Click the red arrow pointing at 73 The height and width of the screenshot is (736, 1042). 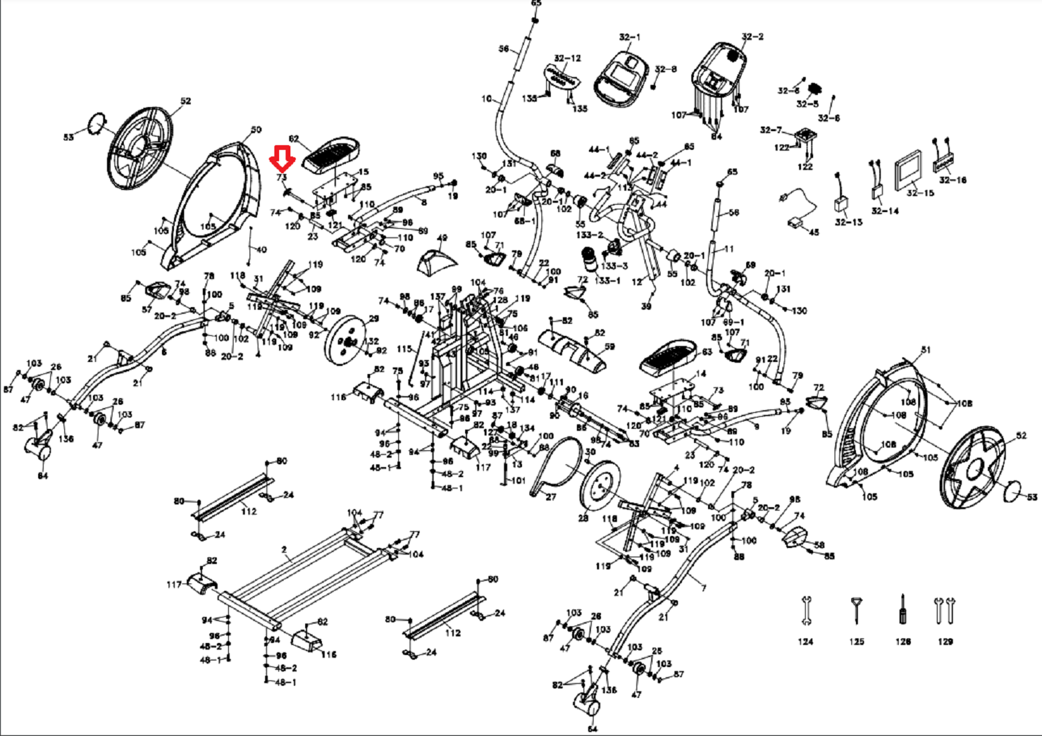coord(282,160)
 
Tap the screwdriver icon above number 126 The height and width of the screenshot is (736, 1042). coord(902,608)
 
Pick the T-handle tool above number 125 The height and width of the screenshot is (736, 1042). coord(856,610)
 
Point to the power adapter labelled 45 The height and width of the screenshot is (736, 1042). coord(796,222)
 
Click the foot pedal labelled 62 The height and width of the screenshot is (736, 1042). coord(331,155)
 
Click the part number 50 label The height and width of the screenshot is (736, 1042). coord(256,130)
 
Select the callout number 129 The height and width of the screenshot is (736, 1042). coord(945,642)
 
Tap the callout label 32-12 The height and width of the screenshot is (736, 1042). coord(568,58)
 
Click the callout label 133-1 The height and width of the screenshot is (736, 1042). coord(608,280)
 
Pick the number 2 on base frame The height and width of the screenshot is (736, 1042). coord(284,550)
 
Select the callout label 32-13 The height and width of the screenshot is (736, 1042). coord(848,222)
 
